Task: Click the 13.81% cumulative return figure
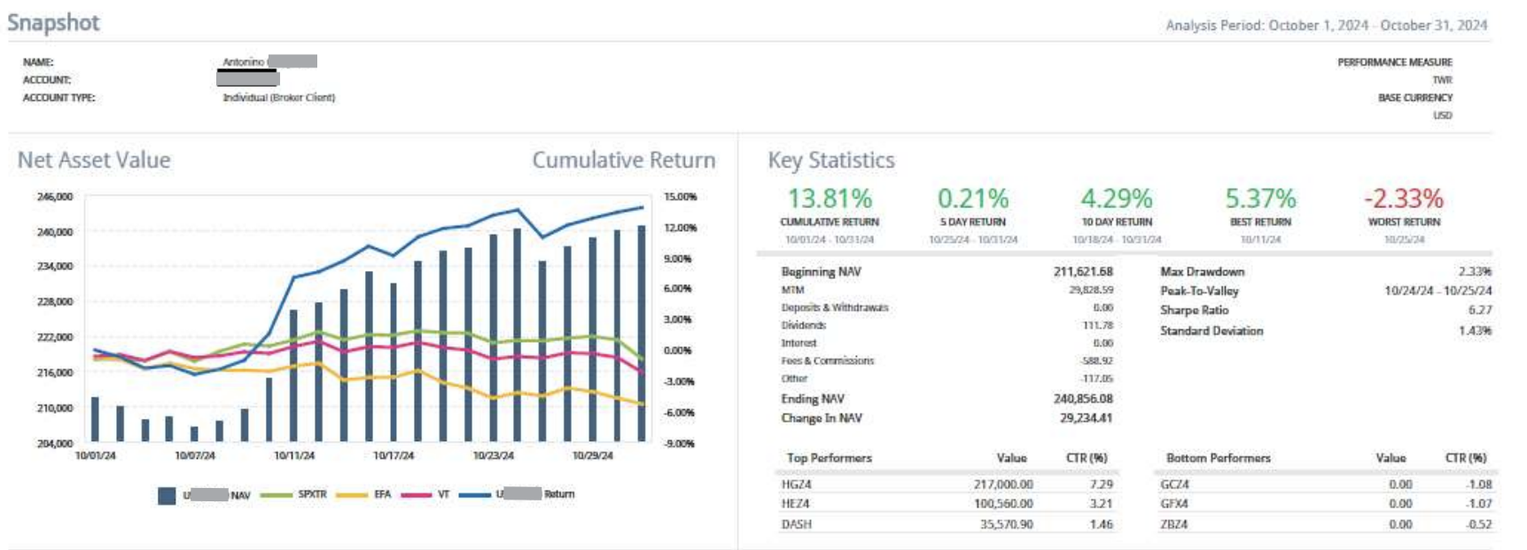tap(830, 198)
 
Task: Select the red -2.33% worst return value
tap(1404, 198)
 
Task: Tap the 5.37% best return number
tap(1260, 198)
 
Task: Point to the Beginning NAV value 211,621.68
tap(1083, 272)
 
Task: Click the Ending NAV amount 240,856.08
tap(1083, 399)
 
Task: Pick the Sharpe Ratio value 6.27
tap(1480, 310)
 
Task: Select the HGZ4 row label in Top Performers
tap(796, 484)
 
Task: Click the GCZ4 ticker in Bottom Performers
tap(1174, 484)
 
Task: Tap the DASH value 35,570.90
tap(1007, 524)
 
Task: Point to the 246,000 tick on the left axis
tap(55, 197)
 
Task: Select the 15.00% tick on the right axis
tap(680, 197)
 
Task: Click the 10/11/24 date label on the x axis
tap(294, 455)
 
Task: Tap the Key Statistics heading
tap(830, 160)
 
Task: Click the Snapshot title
tap(53, 23)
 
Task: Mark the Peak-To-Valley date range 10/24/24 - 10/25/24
tap(1437, 290)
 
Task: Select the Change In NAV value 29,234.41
tap(1086, 418)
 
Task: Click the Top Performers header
tap(829, 458)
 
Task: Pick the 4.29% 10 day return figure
tap(1117, 198)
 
